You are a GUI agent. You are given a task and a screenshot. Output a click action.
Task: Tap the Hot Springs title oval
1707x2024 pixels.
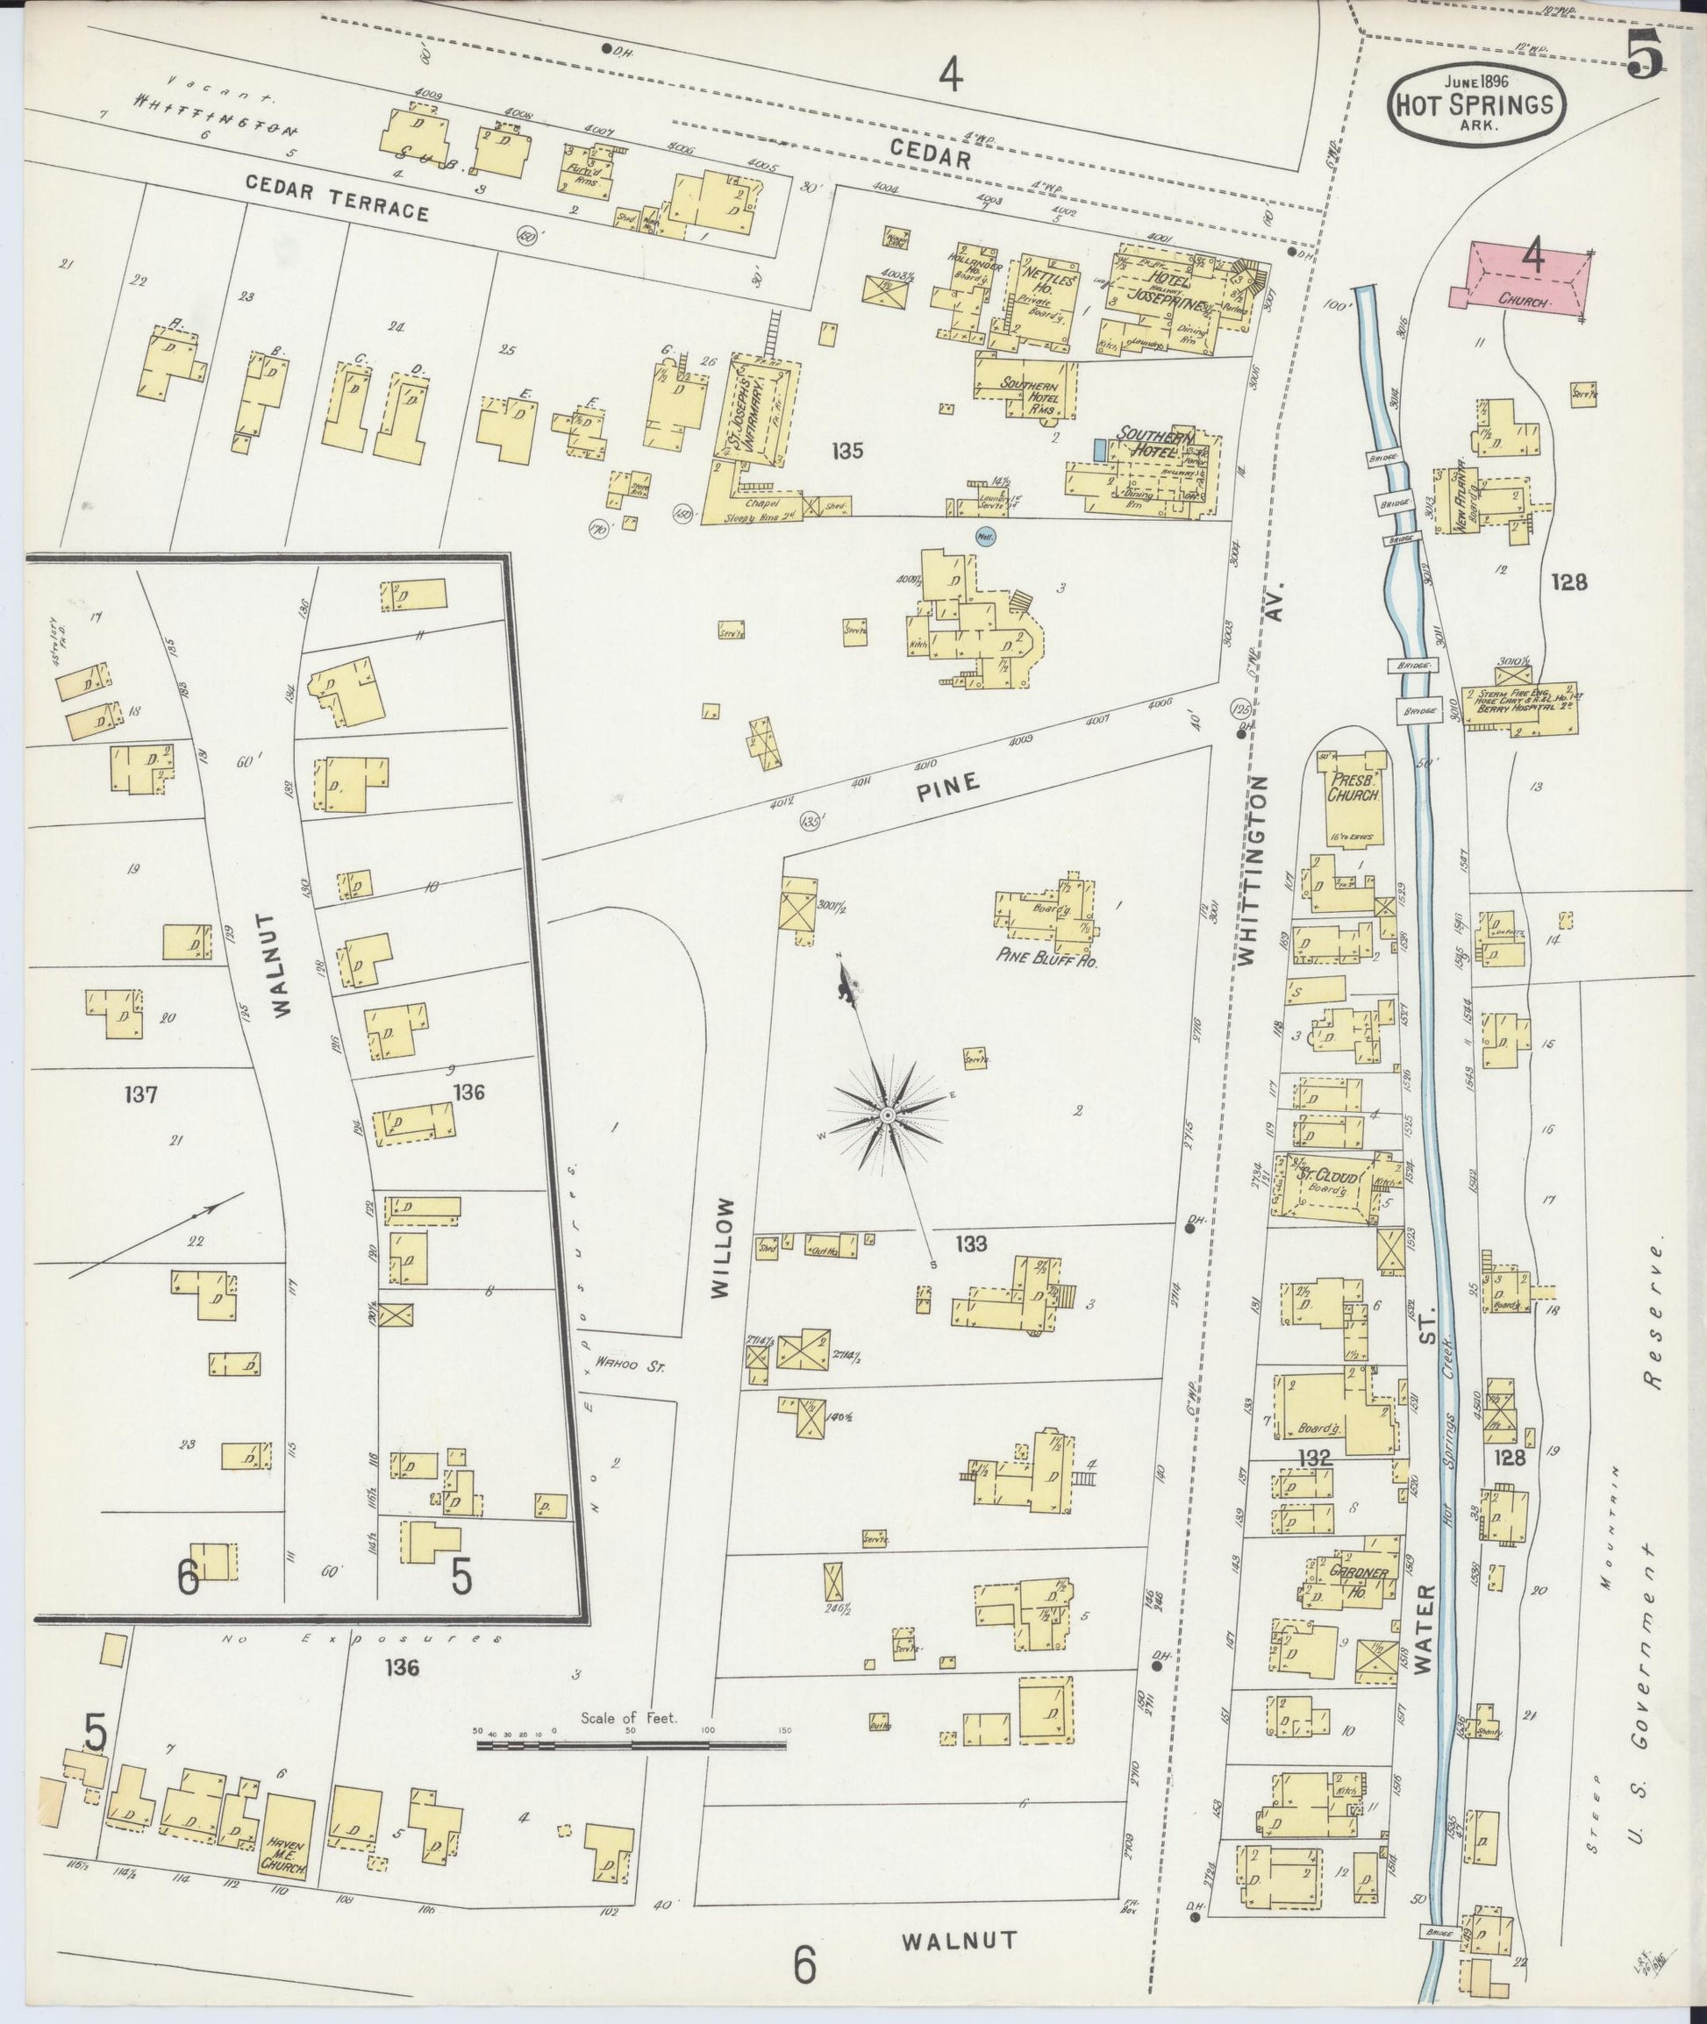pos(1478,105)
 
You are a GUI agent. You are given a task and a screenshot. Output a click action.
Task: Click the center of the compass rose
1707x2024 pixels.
pos(887,1116)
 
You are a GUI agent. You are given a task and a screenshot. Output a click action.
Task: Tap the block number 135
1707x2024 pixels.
pos(846,450)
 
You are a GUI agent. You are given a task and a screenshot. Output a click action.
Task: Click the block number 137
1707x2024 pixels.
pos(141,1095)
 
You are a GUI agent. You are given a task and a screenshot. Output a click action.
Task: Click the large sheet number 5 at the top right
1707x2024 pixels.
pos(1643,53)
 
